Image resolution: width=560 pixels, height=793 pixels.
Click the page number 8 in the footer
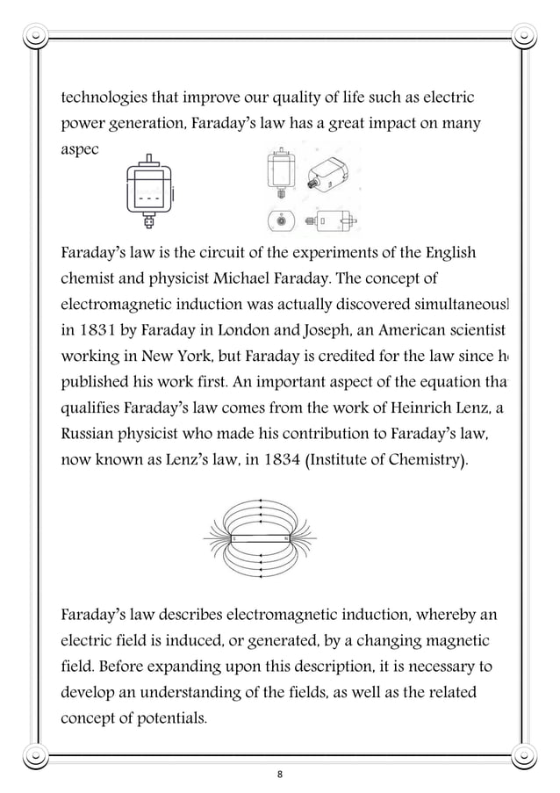click(x=279, y=775)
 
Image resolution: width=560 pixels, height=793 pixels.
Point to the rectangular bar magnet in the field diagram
click(x=260, y=537)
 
